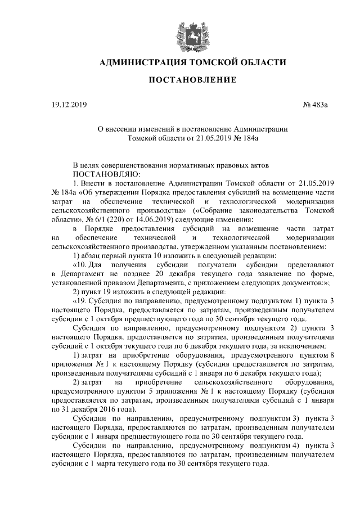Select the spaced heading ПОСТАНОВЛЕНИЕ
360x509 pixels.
point(192,81)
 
